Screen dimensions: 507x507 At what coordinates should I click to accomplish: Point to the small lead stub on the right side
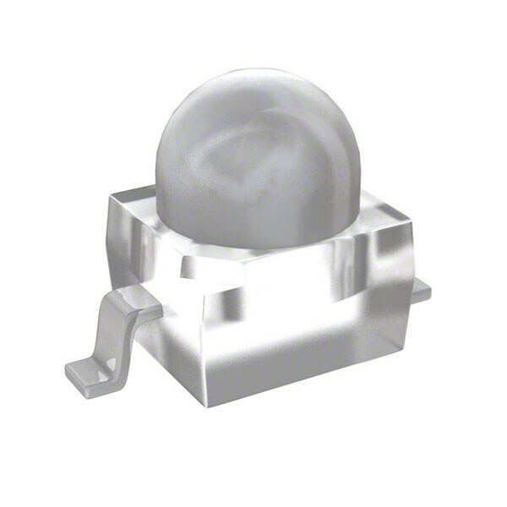click(420, 291)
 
